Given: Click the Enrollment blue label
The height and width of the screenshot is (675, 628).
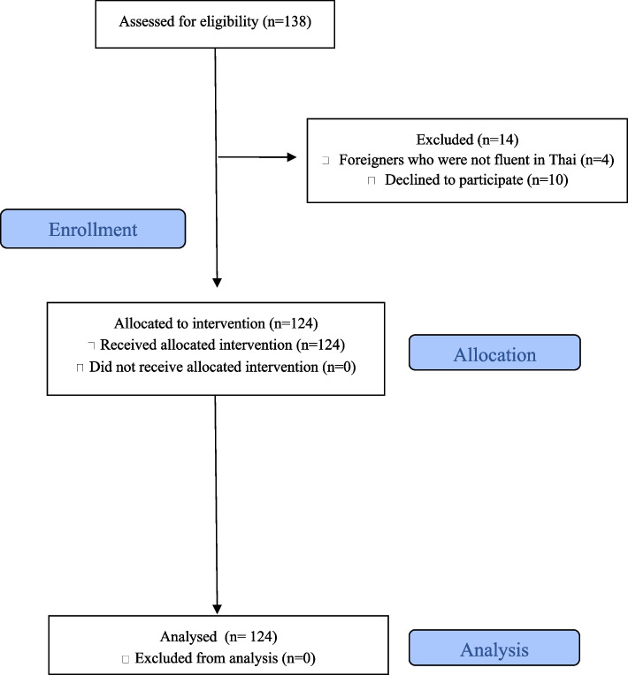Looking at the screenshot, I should coord(93,230).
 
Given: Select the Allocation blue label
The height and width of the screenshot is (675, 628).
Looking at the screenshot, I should coord(494,355).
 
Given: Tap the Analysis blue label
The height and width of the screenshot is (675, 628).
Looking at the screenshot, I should coord(494,649).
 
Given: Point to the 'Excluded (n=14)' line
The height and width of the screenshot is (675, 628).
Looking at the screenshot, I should coord(456,140).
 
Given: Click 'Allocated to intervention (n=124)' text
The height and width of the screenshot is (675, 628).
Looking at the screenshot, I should coord(215,324).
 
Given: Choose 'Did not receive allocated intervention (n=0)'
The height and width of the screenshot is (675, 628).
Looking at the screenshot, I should coord(220,365).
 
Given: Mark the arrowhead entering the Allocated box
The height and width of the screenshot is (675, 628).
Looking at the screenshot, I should coord(217,283).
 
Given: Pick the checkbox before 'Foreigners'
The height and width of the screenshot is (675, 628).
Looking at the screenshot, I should coord(326,161).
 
